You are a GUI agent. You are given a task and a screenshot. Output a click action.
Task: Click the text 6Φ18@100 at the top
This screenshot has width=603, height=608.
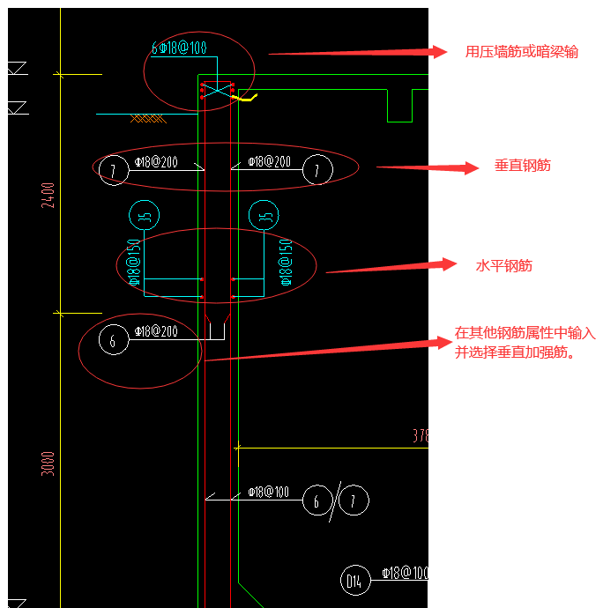tap(179, 48)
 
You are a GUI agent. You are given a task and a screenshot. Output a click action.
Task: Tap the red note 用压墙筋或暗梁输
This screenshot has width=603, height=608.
tap(522, 52)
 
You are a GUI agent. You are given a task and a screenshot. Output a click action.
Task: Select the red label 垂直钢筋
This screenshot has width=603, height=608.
tap(523, 166)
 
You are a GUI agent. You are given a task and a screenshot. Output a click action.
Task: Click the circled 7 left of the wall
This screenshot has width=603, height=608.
tap(114, 169)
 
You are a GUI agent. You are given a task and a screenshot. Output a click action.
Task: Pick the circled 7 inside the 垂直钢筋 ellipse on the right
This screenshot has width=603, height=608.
tap(317, 169)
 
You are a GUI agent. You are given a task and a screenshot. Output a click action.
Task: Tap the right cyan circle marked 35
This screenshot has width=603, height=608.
tap(264, 214)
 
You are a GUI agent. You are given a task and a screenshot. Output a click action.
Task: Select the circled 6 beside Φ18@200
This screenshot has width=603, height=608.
tap(115, 341)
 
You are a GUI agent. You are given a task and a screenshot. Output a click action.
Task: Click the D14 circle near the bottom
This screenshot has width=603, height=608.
tap(354, 581)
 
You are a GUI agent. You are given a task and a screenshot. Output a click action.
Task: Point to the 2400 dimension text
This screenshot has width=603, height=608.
tap(48, 196)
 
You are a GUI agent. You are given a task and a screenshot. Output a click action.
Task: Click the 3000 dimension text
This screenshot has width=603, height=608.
tap(48, 463)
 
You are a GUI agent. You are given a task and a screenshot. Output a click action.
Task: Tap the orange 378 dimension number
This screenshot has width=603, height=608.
tap(420, 436)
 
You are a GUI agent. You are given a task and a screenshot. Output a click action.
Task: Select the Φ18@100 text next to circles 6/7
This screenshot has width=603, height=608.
tap(268, 492)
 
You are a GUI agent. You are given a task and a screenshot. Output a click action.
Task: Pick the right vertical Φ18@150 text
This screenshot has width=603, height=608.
tap(286, 262)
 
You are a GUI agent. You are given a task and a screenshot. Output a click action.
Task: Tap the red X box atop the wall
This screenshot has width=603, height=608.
tap(217, 91)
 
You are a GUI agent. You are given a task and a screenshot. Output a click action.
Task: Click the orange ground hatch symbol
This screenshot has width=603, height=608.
tap(146, 117)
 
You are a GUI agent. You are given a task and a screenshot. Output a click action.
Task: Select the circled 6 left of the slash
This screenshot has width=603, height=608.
tap(316, 501)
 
